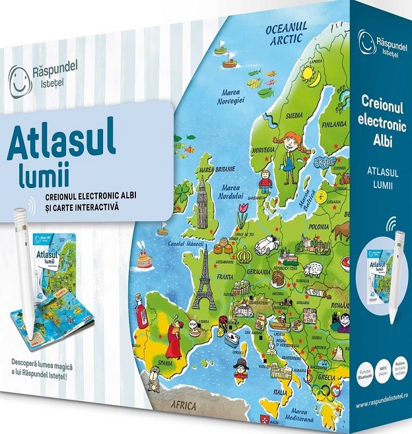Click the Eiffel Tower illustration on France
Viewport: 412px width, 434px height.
point(204,281)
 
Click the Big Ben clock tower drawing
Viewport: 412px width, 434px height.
point(203,205)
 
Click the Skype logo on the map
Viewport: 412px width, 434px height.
point(323,163)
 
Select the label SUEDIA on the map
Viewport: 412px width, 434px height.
point(298,115)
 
